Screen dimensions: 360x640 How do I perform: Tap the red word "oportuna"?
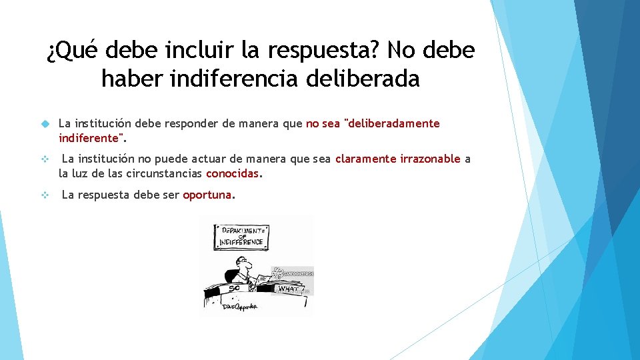point(207,195)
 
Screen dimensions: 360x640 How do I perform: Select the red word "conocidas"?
point(233,173)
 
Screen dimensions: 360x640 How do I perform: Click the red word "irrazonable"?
point(430,159)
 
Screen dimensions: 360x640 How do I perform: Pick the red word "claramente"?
point(366,159)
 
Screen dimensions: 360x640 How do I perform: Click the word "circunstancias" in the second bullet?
point(168,173)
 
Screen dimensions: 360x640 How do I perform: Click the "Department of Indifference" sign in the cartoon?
point(241,236)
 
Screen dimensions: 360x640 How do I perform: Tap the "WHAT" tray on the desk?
point(287,289)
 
